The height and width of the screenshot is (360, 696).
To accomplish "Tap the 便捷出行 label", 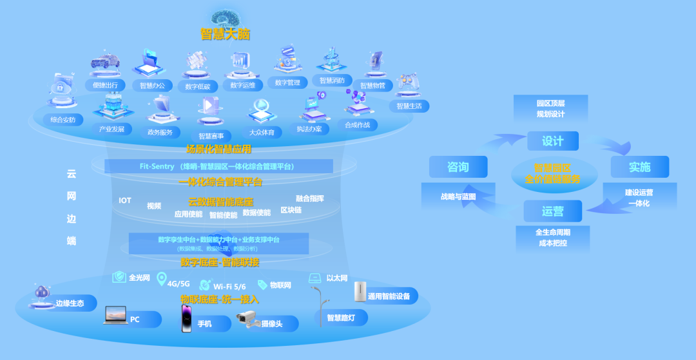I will (x=105, y=83).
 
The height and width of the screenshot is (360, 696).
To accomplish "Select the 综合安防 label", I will (x=63, y=119).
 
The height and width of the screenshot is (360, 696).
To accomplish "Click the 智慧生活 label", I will (x=409, y=106).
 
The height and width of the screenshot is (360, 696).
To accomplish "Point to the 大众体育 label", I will (x=266, y=133).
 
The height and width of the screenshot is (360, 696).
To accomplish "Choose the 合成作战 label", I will (x=357, y=124).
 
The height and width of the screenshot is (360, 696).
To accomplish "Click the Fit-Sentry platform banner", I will (x=218, y=166).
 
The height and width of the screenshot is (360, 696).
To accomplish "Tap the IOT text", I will (x=125, y=200).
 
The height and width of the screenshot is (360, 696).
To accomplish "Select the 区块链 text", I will (x=291, y=210).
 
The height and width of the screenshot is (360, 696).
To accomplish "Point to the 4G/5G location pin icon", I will (x=161, y=279).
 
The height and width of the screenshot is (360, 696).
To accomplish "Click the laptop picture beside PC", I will (x=115, y=315).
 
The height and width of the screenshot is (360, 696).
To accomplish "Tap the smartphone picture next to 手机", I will (x=186, y=318).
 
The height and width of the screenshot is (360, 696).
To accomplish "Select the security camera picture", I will (x=247, y=319).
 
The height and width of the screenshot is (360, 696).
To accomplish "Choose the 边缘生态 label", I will (x=70, y=303).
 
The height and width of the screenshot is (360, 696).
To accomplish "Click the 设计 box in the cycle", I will (x=552, y=140).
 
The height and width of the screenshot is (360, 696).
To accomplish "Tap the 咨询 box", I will (x=458, y=167).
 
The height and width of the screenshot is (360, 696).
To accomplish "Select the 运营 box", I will (x=552, y=211).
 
